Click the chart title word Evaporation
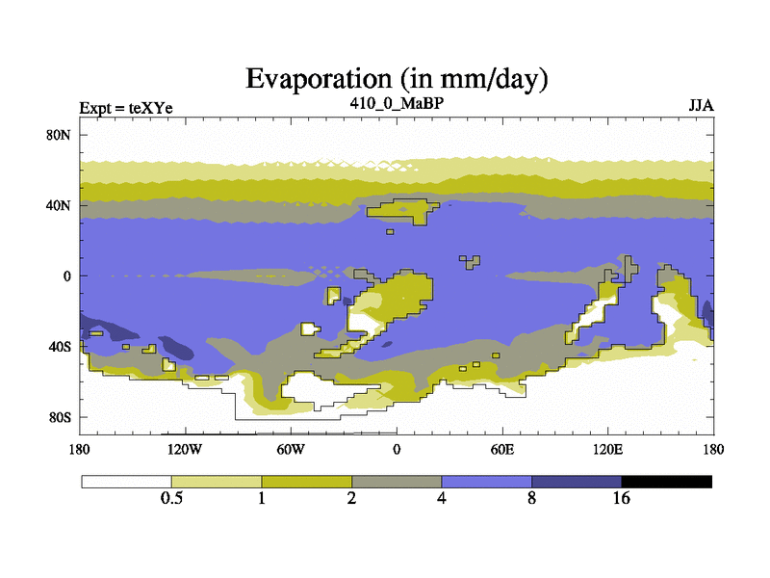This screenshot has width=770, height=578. pyautogui.click(x=319, y=79)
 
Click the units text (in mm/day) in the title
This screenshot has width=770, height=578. pyautogui.click(x=474, y=80)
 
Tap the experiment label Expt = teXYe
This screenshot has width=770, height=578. pyautogui.click(x=126, y=108)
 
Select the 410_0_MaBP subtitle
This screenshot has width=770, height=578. pyautogui.click(x=397, y=104)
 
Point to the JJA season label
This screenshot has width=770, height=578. pyautogui.click(x=701, y=106)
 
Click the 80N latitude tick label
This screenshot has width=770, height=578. pyautogui.click(x=59, y=135)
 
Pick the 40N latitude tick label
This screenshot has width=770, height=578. pyautogui.click(x=59, y=205)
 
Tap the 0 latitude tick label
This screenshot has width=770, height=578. pyautogui.click(x=66, y=276)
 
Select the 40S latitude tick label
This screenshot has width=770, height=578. pyautogui.click(x=60, y=347)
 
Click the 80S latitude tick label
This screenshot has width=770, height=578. pyautogui.click(x=60, y=418)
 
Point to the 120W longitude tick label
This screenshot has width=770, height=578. pyautogui.click(x=185, y=449)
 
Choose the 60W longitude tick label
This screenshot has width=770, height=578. pyautogui.click(x=291, y=449)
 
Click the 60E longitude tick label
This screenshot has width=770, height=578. pyautogui.click(x=502, y=449)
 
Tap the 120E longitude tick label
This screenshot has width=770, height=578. pyautogui.click(x=608, y=449)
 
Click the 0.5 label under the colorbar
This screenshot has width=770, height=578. pyautogui.click(x=171, y=498)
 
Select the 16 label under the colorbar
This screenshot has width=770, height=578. pyautogui.click(x=621, y=498)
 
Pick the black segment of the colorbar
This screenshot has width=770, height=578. pyautogui.click(x=666, y=482)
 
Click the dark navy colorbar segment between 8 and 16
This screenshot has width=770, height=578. pyautogui.click(x=577, y=482)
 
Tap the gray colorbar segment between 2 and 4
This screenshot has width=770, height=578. pyautogui.click(x=397, y=482)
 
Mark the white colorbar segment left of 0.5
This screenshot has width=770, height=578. pyautogui.click(x=127, y=482)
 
